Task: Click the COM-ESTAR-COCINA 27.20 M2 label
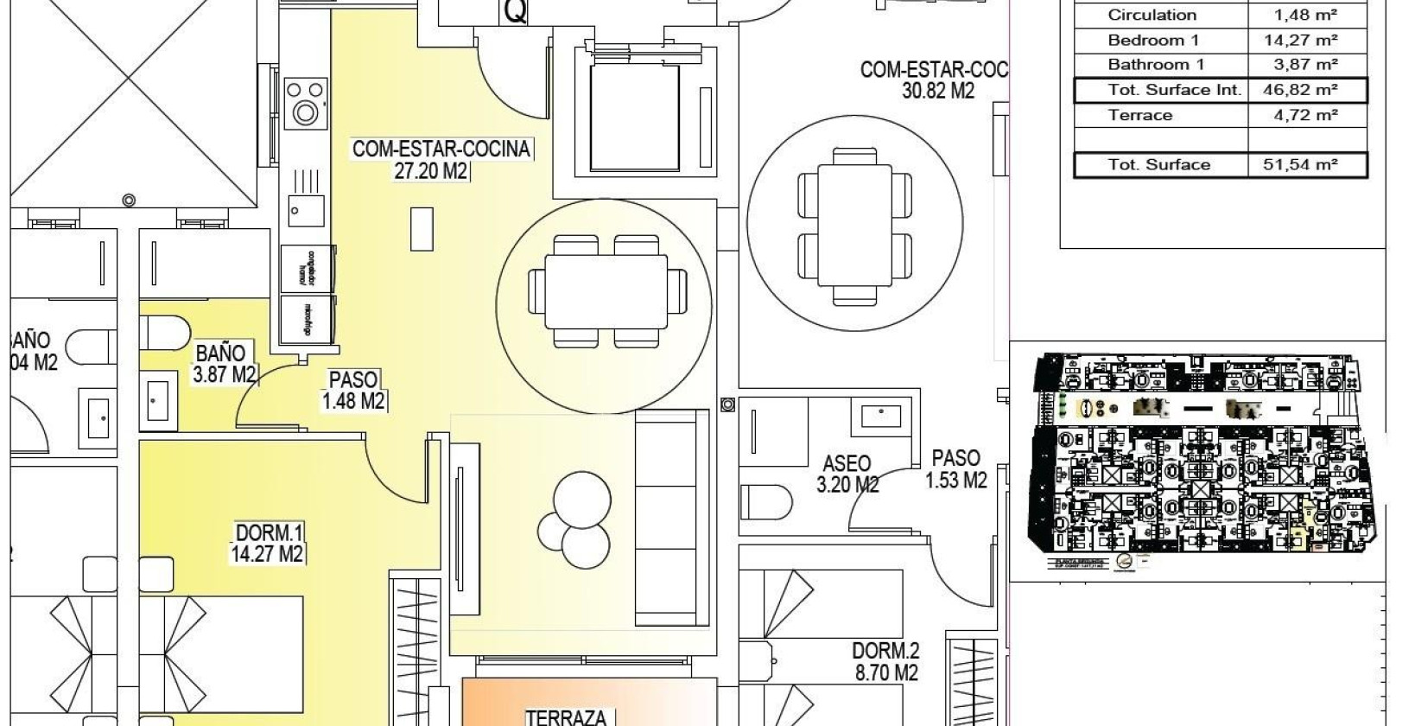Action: tap(440, 160)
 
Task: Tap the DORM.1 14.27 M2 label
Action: tap(269, 543)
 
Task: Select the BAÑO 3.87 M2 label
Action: tap(225, 364)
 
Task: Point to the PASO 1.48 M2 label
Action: tap(353, 390)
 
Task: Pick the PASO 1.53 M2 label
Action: tap(955, 468)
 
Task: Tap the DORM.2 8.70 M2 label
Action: tap(886, 661)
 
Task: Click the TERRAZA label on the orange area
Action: tap(570, 716)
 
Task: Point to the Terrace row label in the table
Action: tap(1139, 115)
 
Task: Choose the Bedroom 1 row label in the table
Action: tap(1153, 41)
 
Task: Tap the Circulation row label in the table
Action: tap(1152, 15)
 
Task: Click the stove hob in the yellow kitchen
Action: tap(305, 102)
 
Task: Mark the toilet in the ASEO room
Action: tap(767, 500)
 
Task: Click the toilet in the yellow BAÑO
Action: tap(165, 331)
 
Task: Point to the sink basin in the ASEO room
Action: tap(880, 417)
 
